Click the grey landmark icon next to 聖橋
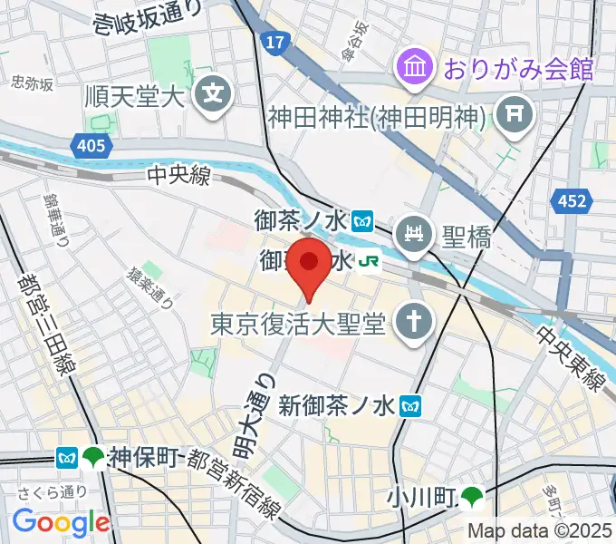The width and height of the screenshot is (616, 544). tap(416, 234)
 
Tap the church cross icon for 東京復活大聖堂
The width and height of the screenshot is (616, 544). tap(416, 322)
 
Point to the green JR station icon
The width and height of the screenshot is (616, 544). tap(368, 261)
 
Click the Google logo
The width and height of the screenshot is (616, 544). tap(61, 522)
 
